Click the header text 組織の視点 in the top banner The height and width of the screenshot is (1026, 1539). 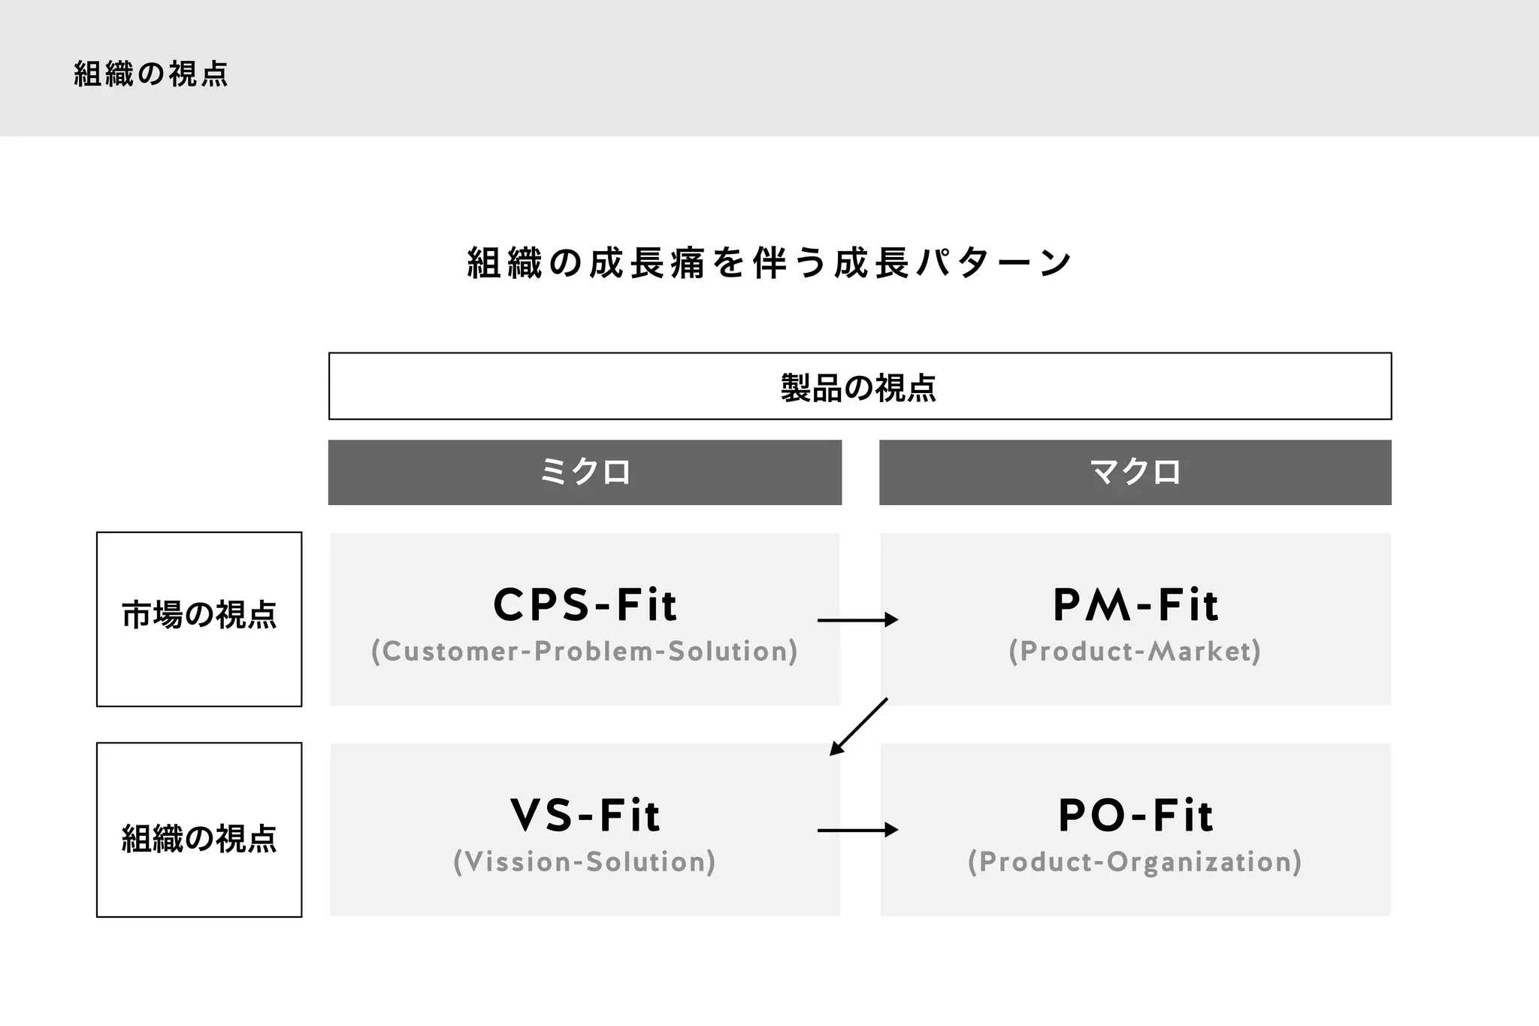point(151,74)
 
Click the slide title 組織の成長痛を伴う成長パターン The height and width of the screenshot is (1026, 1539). point(769,263)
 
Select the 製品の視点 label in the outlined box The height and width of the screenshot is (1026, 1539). point(859,388)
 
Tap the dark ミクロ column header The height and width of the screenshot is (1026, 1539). point(585,472)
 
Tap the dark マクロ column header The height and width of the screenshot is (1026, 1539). point(1135,472)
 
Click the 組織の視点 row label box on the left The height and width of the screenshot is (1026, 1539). point(199,838)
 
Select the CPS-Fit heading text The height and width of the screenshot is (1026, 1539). point(585,605)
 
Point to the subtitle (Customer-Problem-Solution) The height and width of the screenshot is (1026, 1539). point(585,651)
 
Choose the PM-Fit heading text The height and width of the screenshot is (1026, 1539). point(1135,605)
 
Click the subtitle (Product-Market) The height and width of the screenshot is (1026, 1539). point(1135,651)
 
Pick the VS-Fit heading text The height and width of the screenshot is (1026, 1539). point(585,816)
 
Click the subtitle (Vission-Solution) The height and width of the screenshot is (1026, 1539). point(585,861)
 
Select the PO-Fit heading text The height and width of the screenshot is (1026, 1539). point(1135,816)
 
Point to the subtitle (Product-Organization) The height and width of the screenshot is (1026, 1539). point(1135,861)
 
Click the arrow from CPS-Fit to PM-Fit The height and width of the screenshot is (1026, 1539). point(857,620)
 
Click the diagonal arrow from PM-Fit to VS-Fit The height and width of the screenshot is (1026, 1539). point(859,726)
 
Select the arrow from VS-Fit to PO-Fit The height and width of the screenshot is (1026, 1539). point(857,830)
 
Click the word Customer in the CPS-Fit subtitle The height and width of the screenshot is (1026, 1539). point(449,651)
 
